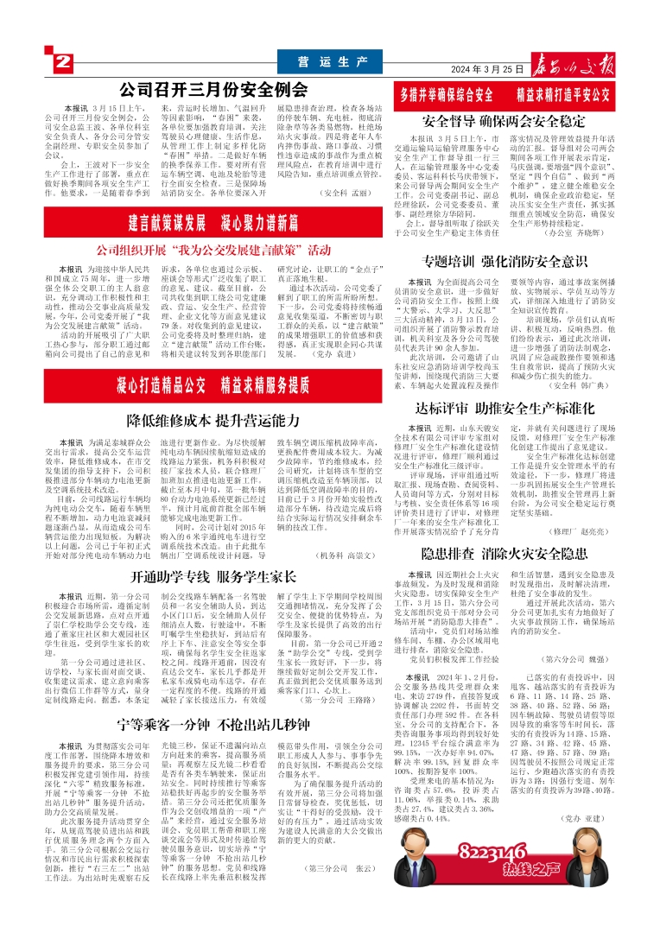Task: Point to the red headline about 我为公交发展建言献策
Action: [213, 250]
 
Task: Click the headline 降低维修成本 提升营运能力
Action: [213, 421]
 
